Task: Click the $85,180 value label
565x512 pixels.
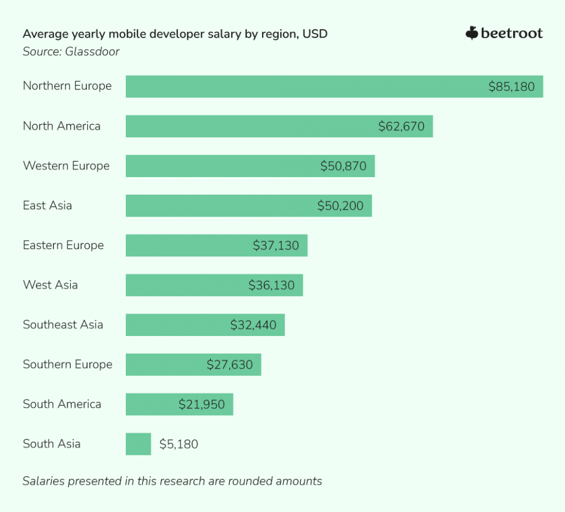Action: [x=511, y=87]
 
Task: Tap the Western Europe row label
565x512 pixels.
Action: [x=66, y=166]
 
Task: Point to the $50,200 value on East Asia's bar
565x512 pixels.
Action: [x=340, y=206]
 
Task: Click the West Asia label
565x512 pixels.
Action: [x=50, y=285]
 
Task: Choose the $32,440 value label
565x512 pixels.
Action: [x=253, y=325]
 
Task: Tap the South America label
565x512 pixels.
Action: [x=62, y=404]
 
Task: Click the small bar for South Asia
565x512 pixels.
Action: [x=138, y=444]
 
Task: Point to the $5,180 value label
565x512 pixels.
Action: [x=179, y=444]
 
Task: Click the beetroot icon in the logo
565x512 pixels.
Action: [x=472, y=34]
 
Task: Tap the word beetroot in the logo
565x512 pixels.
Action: [x=511, y=34]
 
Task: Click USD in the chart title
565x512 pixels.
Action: [x=315, y=34]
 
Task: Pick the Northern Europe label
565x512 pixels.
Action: [x=67, y=86]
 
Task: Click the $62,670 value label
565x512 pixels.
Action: [x=401, y=126]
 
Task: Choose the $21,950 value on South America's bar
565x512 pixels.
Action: [x=201, y=404]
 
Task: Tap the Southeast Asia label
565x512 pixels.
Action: [x=63, y=325]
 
